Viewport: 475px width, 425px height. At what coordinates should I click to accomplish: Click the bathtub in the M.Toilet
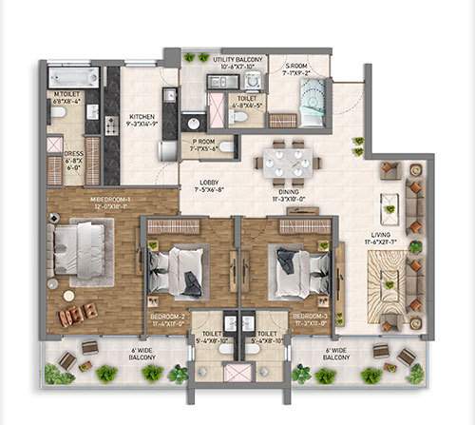pos(73,77)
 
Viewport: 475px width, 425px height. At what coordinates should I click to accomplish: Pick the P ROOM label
pos(201,145)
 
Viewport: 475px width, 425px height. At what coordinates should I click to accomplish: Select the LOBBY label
pos(210,186)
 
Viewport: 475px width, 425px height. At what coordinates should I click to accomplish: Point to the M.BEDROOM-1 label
pos(110,203)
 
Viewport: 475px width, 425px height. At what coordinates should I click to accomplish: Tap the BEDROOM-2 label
pos(168,319)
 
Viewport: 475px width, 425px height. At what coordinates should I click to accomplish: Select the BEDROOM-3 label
pos(310,319)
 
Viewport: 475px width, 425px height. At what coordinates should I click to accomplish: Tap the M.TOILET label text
pos(66,98)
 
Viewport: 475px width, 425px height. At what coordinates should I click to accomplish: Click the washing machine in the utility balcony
pos(251,82)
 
